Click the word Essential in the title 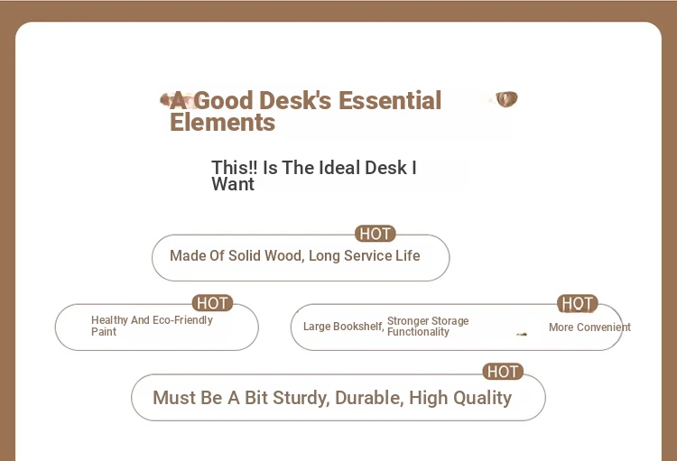[x=390, y=100]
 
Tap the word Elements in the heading [x=222, y=122]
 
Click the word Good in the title [x=223, y=100]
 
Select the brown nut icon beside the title [x=506, y=99]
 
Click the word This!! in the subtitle [x=235, y=168]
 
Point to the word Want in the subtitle [x=233, y=184]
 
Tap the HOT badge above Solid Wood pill [x=376, y=234]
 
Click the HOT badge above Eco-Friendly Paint [x=212, y=303]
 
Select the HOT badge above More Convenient [x=578, y=303]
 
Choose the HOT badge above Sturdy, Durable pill [x=503, y=372]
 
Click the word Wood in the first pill [x=284, y=256]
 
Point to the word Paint [x=104, y=331]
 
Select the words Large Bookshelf [x=344, y=327]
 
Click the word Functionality [x=418, y=332]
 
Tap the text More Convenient [x=589, y=327]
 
